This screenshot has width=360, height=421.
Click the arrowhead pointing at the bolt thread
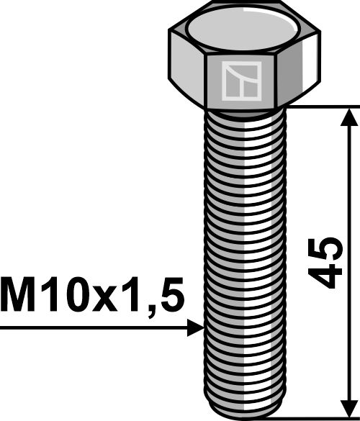195,328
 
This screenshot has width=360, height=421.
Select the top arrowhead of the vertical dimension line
351,117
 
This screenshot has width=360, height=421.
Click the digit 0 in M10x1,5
76,295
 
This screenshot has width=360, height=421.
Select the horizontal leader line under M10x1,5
94,328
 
